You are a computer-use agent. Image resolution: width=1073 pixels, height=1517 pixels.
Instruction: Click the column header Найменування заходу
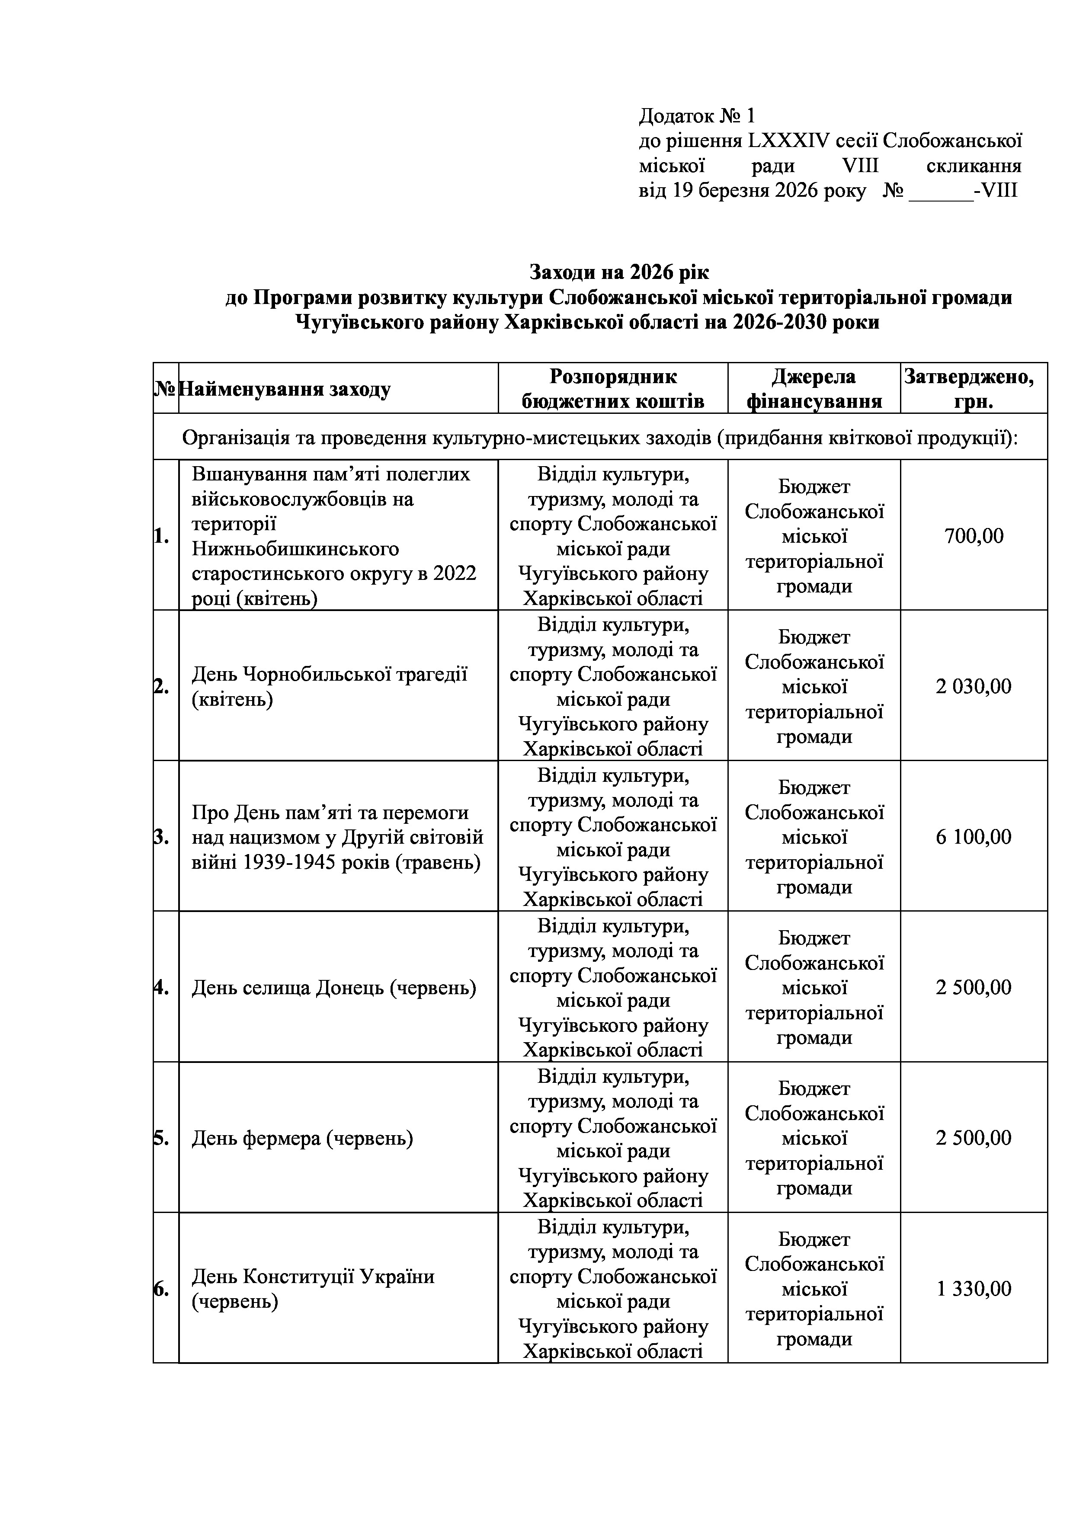click(x=285, y=389)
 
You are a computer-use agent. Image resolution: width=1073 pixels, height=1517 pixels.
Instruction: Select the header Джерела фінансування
click(x=814, y=389)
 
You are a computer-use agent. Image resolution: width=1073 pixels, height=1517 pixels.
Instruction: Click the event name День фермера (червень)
click(x=302, y=1139)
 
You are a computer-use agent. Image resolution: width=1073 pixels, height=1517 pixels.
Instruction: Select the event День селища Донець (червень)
click(x=333, y=988)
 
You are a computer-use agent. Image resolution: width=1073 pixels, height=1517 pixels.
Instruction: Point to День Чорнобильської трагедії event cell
click(x=329, y=686)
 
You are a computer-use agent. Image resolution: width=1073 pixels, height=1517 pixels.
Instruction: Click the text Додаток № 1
click(x=696, y=116)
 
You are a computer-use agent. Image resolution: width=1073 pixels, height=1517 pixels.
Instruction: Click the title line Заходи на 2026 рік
click(x=619, y=272)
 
